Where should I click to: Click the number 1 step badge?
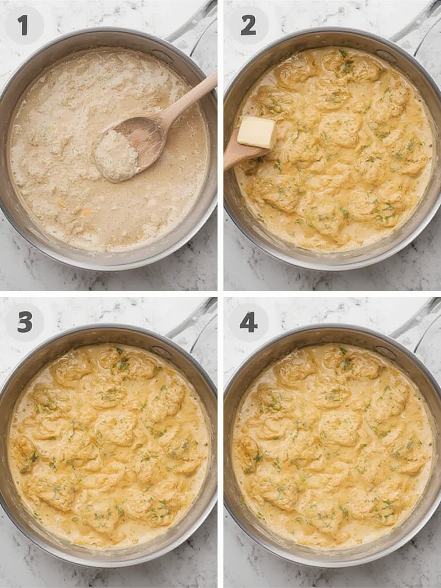(x=24, y=25)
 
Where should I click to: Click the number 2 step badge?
(x=248, y=25)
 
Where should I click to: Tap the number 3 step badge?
(x=24, y=322)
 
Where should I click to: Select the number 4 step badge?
(x=248, y=322)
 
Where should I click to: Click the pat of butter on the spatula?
(x=256, y=132)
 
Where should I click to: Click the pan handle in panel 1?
(x=195, y=26)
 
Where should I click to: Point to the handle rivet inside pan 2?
(x=385, y=55)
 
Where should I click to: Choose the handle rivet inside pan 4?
(x=385, y=351)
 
